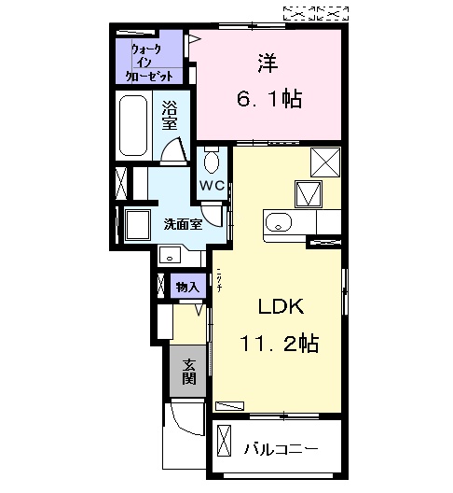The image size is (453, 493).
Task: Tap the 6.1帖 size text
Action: click(x=268, y=98)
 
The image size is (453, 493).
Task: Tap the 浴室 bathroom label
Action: click(x=171, y=115)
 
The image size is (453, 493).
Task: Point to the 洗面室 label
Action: click(x=183, y=224)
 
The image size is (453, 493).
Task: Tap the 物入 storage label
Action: click(x=186, y=287)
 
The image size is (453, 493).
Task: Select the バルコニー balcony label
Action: click(x=281, y=449)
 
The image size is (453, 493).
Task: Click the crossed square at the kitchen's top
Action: click(x=324, y=162)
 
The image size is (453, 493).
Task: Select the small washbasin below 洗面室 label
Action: click(x=171, y=254)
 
